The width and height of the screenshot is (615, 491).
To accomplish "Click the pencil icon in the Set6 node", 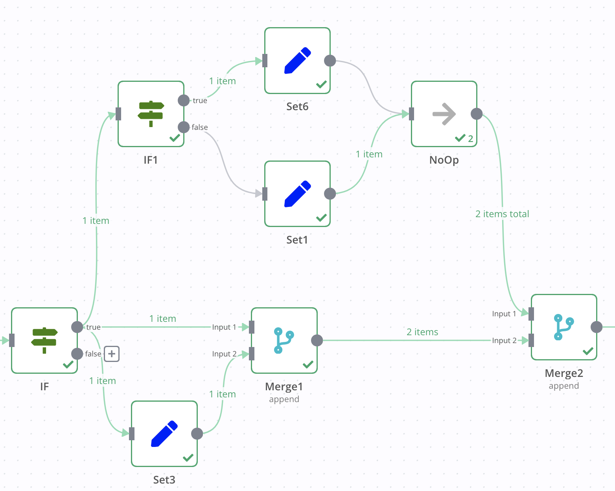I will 297,61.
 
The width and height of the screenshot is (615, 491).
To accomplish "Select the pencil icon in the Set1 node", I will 297,194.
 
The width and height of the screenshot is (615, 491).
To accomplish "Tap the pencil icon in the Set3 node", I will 164,434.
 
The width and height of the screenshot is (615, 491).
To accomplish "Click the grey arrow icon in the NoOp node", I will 444,114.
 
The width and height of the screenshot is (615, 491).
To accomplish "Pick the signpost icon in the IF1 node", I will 151,114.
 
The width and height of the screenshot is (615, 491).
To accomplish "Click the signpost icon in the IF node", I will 44,340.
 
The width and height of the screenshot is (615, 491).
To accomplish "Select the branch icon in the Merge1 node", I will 284,340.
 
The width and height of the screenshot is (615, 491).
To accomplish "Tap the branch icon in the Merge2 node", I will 563,327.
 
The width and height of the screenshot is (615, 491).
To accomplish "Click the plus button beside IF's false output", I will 112,354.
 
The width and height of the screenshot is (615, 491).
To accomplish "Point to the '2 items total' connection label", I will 502,214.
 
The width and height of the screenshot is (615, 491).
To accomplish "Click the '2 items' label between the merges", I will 422,332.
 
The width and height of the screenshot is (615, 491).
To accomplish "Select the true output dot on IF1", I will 184,100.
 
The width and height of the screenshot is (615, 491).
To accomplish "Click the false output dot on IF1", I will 184,127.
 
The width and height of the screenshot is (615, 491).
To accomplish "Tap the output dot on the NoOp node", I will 477,114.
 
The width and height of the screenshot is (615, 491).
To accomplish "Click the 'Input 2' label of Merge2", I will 504,341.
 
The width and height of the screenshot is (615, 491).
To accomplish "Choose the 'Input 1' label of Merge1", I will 224,327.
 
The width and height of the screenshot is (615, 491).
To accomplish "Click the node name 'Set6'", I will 297,107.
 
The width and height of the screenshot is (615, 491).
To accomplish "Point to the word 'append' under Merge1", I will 284,399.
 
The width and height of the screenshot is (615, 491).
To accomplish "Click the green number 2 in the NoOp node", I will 470,138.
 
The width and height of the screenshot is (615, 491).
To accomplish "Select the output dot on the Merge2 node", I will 597,327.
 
